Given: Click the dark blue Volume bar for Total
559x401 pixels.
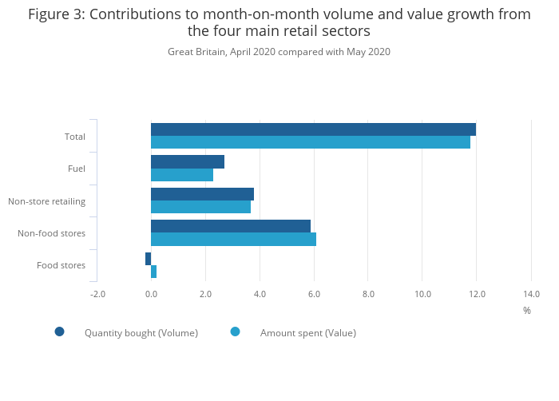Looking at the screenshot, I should (313, 129).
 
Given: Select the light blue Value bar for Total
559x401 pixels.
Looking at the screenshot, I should (311, 142).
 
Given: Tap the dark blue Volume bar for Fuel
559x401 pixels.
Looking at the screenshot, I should (188, 161).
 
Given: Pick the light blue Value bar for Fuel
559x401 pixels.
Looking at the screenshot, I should (182, 175).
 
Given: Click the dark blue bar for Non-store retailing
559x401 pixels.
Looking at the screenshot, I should (202, 194).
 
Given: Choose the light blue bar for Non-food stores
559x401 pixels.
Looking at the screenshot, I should (233, 239).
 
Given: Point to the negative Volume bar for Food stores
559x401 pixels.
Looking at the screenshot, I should (149, 259).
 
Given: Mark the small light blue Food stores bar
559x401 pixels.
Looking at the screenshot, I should (153, 272).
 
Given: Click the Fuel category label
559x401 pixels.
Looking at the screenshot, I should (77, 169).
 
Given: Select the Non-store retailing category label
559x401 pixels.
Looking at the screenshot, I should (46, 201).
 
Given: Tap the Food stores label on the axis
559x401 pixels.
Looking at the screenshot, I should (61, 265).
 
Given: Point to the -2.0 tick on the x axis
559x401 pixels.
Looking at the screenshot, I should (97, 294).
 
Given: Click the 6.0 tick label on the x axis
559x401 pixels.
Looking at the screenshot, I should (314, 294).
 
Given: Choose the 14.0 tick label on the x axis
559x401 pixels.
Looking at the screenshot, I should (531, 294).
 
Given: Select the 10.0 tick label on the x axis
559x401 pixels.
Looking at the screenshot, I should (422, 294).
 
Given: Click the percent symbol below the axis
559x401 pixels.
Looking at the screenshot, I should (527, 310).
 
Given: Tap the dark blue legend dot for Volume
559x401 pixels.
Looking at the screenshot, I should (59, 332).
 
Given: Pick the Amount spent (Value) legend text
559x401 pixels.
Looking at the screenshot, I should (308, 333).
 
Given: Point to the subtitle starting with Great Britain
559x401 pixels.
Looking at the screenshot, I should (279, 52).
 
